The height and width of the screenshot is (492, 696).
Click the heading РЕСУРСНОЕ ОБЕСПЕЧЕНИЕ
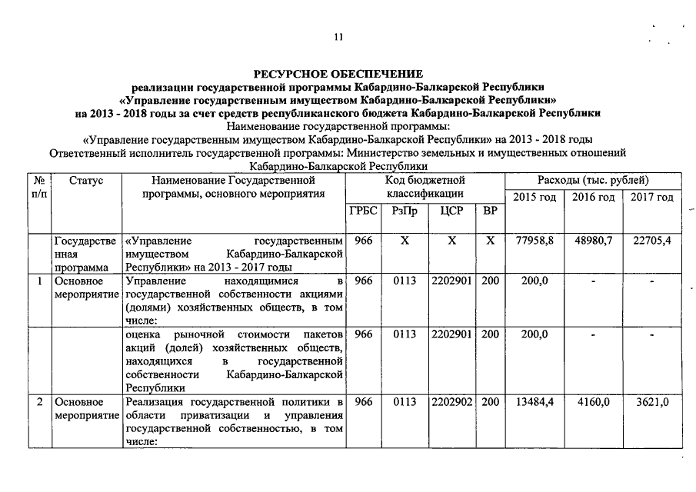[338, 74]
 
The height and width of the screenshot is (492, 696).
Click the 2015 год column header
[534, 198]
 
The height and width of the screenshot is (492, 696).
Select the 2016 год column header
[593, 198]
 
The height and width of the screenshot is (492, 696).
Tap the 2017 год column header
[651, 198]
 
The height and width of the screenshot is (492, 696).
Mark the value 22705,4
[651, 241]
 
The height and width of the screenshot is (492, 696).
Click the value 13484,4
[534, 402]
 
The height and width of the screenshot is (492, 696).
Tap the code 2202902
[451, 402]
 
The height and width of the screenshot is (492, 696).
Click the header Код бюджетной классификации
[425, 186]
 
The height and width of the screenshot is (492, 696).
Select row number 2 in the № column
[38, 402]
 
